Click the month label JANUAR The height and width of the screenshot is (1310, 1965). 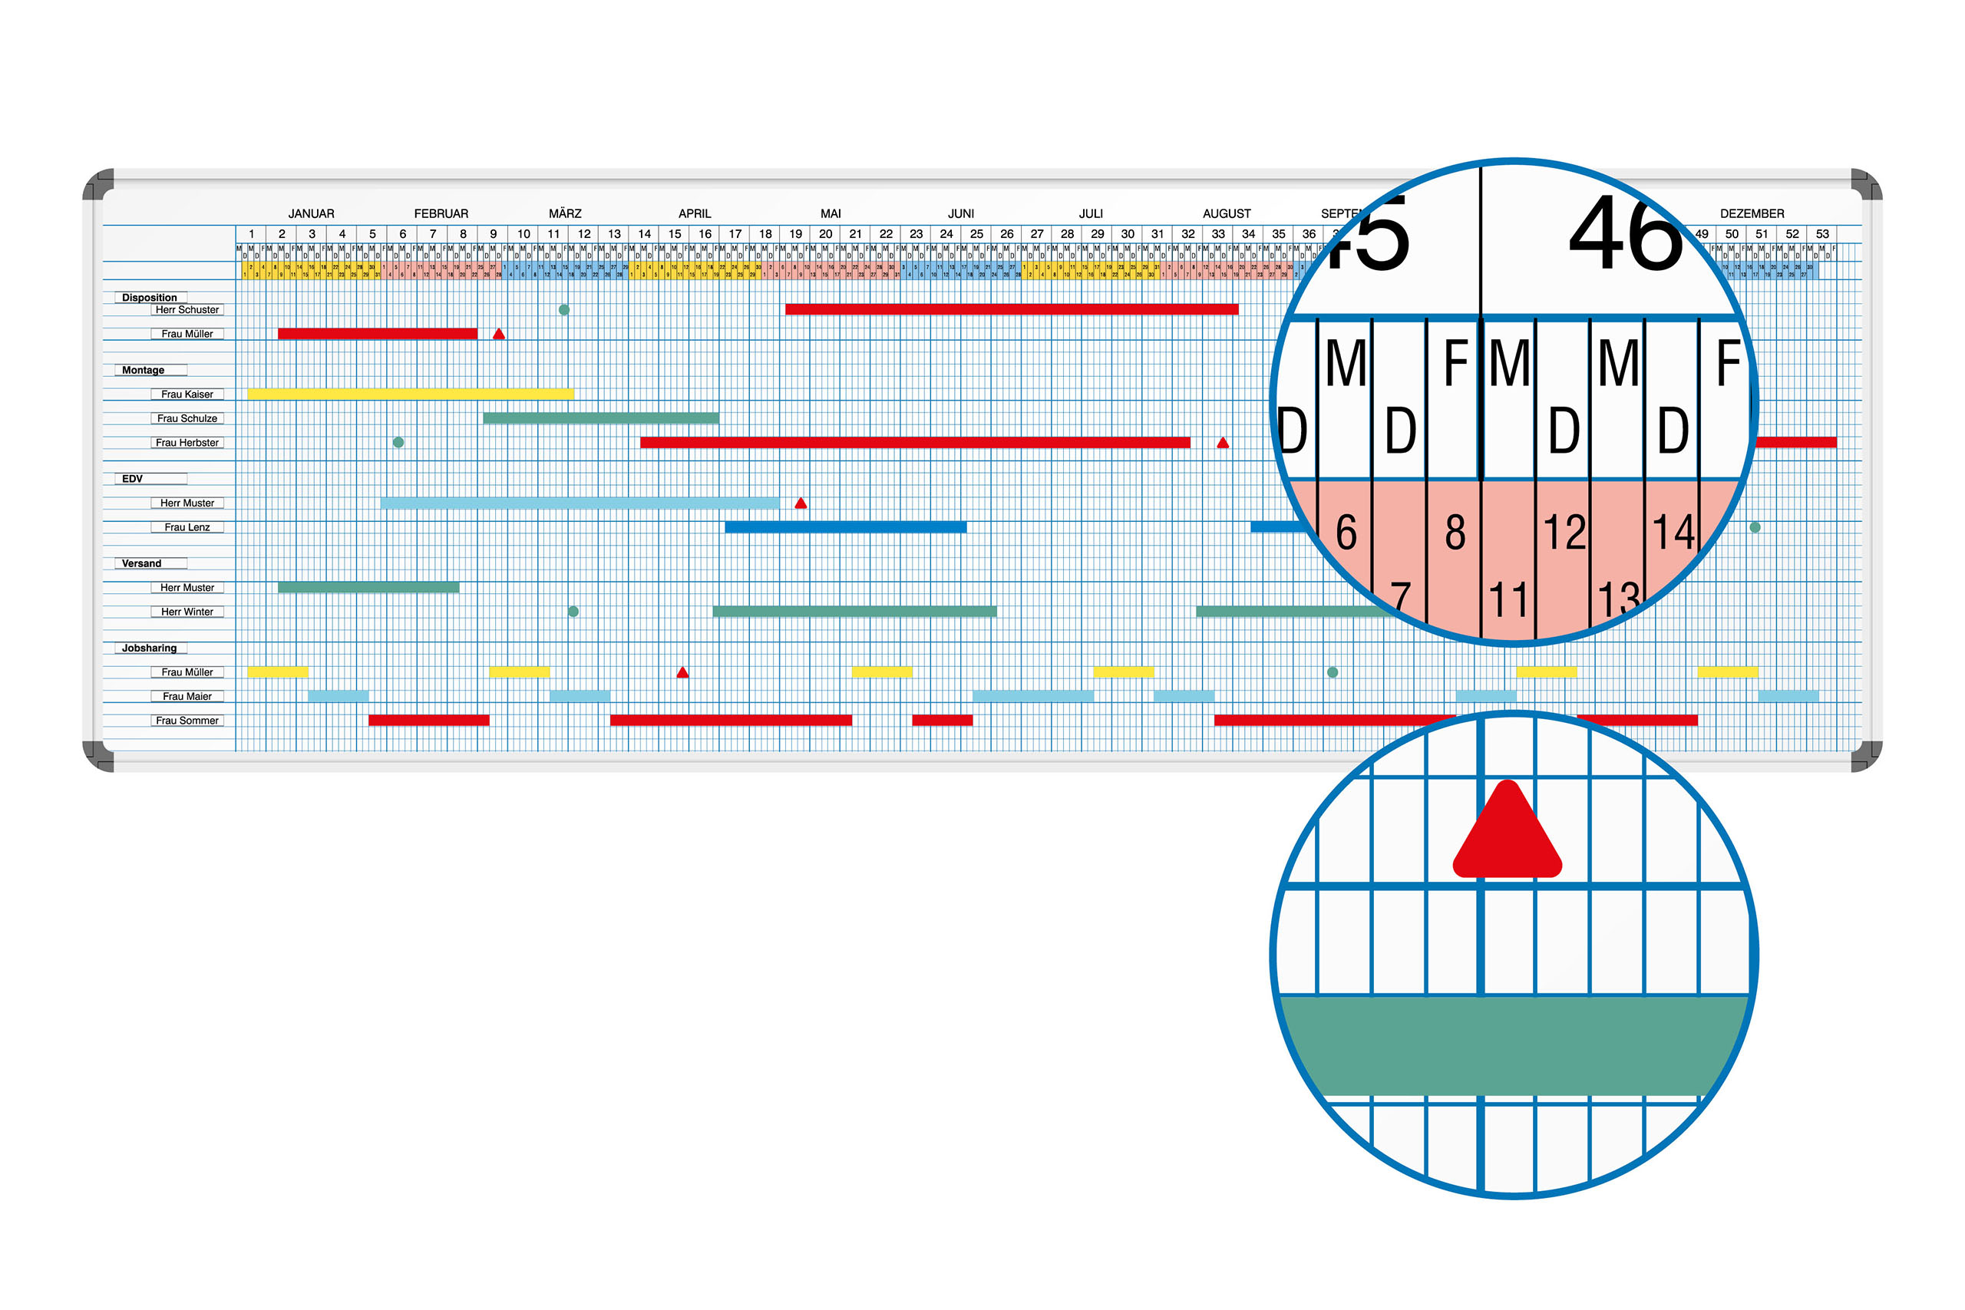[x=311, y=214]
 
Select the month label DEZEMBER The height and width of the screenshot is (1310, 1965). [x=1751, y=214]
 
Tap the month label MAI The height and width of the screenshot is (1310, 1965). [x=831, y=214]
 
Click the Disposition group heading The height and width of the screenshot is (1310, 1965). [x=150, y=298]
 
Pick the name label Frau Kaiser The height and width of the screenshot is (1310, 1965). [x=187, y=394]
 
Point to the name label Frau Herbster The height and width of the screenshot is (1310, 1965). [x=187, y=443]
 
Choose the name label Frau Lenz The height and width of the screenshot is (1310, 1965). [x=187, y=527]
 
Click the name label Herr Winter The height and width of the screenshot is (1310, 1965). [x=187, y=612]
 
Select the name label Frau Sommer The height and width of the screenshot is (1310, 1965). [x=187, y=720]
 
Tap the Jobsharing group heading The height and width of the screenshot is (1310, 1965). [x=150, y=648]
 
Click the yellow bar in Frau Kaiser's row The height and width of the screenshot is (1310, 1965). [x=410, y=394]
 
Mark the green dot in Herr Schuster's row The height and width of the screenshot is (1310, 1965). [x=564, y=310]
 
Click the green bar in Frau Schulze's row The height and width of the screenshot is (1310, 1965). [x=601, y=418]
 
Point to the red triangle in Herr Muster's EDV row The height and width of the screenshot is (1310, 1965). [x=801, y=503]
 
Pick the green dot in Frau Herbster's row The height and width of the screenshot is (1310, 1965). [x=398, y=443]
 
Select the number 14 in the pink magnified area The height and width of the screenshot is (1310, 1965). [x=1673, y=532]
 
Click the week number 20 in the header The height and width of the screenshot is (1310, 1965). [x=825, y=234]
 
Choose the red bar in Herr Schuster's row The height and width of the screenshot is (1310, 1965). [x=1011, y=310]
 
